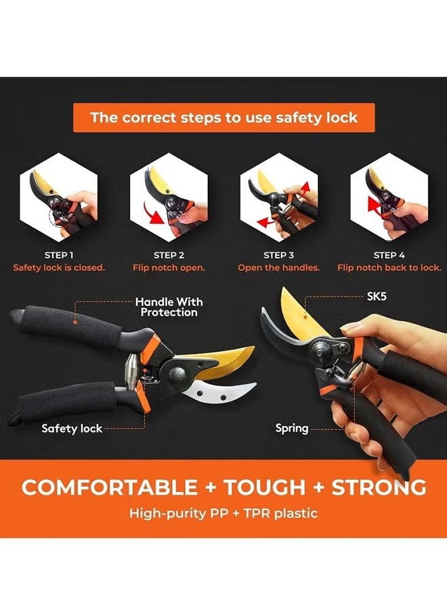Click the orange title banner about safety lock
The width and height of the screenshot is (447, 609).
(x=223, y=118)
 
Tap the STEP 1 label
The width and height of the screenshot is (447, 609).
(x=59, y=255)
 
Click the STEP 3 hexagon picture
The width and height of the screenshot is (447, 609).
(x=278, y=196)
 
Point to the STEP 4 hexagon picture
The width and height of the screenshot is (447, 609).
(x=389, y=195)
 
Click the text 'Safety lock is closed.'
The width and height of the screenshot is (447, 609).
(x=59, y=267)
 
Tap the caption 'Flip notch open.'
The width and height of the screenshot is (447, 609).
(x=169, y=267)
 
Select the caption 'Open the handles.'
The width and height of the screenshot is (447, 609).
(x=278, y=267)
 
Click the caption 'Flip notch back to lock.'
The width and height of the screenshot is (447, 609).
(x=389, y=267)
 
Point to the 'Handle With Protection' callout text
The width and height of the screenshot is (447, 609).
(x=169, y=307)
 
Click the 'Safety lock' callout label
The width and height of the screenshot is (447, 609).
(x=72, y=428)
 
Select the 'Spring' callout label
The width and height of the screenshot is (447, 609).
(x=292, y=428)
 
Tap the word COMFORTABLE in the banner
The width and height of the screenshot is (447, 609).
(x=110, y=487)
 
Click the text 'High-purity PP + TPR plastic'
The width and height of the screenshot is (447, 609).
(x=223, y=513)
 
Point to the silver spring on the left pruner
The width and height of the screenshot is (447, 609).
(x=131, y=370)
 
